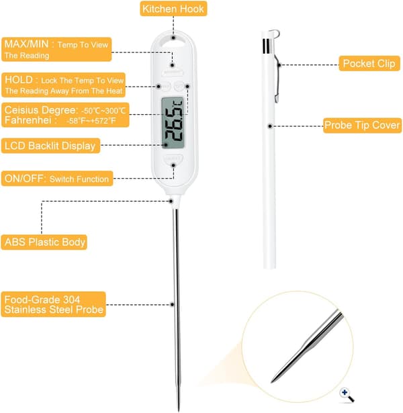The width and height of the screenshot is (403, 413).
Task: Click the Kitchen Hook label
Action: point(173,9)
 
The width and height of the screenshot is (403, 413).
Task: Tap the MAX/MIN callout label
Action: point(56,49)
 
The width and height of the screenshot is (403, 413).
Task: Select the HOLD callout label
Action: point(64,85)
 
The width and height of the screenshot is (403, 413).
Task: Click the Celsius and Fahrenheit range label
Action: point(65,115)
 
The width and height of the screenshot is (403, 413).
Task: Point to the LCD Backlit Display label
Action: point(50,146)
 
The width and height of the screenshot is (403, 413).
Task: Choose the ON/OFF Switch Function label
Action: point(57,179)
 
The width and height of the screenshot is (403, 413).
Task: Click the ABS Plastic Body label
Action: point(44,242)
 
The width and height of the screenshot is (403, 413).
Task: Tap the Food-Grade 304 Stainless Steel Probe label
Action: point(54,304)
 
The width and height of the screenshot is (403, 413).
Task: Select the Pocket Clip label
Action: point(369,64)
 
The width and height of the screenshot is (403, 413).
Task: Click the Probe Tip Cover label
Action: point(363,126)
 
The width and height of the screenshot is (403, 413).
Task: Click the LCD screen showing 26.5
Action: point(173,123)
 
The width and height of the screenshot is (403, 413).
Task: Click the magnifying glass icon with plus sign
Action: point(347,395)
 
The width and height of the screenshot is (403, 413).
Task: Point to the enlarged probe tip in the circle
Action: point(307,347)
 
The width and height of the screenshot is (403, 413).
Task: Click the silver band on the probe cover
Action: point(267,46)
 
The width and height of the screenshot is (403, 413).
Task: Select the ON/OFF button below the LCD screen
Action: point(173,158)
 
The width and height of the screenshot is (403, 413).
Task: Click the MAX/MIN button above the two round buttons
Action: point(173,73)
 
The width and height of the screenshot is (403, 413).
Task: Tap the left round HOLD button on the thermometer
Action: point(166,86)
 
